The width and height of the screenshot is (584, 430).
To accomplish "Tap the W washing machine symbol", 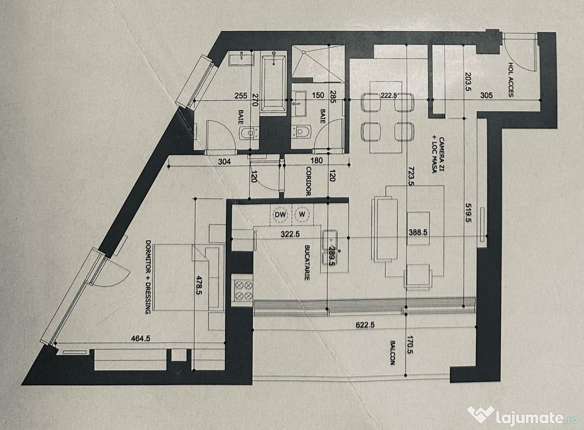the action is point(302,214).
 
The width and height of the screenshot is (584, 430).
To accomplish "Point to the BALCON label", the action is point(393,352).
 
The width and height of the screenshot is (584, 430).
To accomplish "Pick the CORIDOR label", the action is point(308,181).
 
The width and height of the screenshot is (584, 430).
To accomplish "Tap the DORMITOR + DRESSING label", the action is point(148,277).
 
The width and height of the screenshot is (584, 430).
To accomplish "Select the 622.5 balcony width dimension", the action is point(364,325).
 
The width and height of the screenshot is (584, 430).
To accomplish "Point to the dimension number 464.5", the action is point(141,338).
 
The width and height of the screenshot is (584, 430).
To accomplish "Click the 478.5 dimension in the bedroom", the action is point(199,285).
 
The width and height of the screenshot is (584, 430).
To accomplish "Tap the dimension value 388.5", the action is point(417,232).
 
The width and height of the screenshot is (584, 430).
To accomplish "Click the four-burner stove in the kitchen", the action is point(244,290).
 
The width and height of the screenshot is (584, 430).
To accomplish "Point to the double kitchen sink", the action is point(330,248).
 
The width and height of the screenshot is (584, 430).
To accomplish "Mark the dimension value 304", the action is point(224,161).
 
